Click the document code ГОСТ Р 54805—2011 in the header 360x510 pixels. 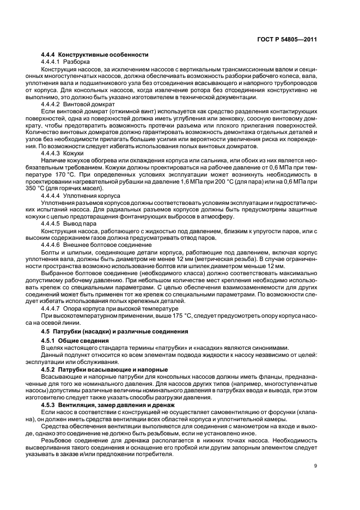click(288, 40)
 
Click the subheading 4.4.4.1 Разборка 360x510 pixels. click(66, 62)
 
